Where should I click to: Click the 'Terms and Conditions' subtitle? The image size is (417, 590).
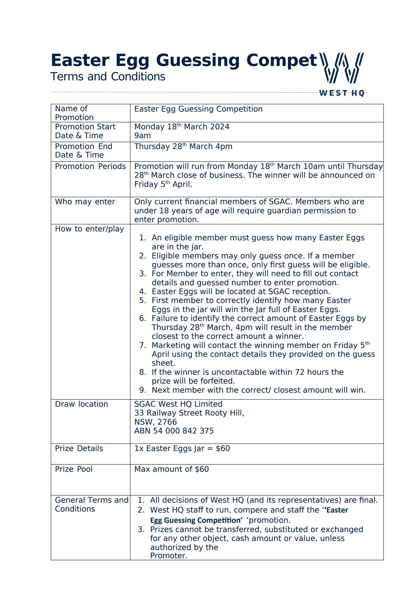pos(108,77)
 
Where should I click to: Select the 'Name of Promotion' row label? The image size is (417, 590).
pos(74,113)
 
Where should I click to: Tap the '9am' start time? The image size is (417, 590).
pos(142,135)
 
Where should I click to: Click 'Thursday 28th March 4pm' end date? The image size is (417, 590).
pos(183,146)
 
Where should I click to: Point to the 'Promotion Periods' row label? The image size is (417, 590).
pos(90,166)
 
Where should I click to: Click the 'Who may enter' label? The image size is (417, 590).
pos(85,202)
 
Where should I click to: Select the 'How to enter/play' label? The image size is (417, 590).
pos(89,229)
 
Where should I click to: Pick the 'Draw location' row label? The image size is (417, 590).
pos(81,404)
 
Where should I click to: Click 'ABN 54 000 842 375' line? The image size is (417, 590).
pos(174,431)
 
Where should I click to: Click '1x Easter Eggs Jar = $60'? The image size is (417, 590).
pos(182,449)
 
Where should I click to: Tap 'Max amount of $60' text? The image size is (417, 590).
pos(171,469)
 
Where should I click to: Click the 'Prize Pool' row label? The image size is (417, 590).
pos(74,469)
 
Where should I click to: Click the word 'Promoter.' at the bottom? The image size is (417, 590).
pos(169,556)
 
